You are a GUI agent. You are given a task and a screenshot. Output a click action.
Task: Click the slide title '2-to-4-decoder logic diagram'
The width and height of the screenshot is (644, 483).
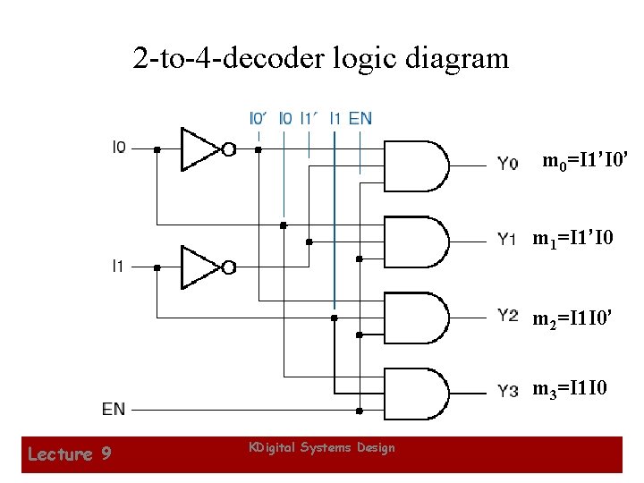coord(321,59)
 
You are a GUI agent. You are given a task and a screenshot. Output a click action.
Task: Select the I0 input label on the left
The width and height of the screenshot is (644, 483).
coord(119,147)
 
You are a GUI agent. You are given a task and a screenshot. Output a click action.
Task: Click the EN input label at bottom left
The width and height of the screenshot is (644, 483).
coord(114,410)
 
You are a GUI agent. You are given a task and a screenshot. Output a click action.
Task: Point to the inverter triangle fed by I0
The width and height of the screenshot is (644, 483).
coord(200,149)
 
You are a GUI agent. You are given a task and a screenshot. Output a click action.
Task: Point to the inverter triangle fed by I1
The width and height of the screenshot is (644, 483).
coord(200,267)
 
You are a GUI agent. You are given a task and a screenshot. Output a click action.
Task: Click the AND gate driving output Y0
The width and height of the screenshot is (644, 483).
coord(415,163)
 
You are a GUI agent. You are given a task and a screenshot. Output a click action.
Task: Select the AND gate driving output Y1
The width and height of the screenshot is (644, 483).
coord(415,239)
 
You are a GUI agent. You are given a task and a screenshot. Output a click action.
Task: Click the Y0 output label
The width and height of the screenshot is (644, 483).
coord(507,163)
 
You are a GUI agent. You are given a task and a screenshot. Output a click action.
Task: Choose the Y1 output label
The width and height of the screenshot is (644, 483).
coord(507,239)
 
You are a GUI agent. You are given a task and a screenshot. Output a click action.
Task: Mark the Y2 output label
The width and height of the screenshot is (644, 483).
coord(507,314)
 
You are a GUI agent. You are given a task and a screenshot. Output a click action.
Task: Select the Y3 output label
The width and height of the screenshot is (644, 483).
coord(507,391)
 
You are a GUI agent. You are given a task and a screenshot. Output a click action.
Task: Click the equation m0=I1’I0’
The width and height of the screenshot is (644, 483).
coord(588,162)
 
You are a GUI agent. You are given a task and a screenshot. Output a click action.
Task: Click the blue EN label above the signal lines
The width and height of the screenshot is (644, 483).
coord(360,117)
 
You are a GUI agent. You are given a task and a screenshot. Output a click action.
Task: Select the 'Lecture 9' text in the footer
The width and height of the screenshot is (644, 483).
coord(69,454)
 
